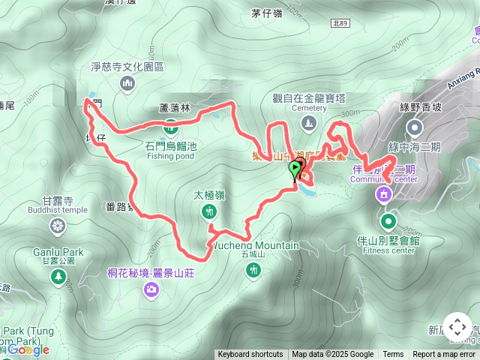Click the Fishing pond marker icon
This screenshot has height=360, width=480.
(171, 125)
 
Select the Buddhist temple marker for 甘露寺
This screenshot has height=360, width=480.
(58, 225)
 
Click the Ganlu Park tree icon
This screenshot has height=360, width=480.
(58, 277)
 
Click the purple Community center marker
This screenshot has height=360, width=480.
(384, 195)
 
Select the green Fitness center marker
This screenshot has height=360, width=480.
(388, 221)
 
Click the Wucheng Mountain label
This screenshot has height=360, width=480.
(255, 245)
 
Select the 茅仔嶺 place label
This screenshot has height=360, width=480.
(267, 13)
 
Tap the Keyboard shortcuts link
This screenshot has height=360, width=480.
(250, 354)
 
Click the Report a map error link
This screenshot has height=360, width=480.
(444, 354)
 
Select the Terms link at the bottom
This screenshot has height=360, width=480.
(393, 354)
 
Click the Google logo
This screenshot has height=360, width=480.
(28, 349)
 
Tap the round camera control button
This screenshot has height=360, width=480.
(457, 327)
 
